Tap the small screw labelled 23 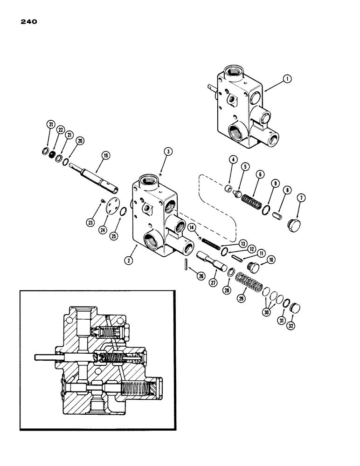point(102,201)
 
